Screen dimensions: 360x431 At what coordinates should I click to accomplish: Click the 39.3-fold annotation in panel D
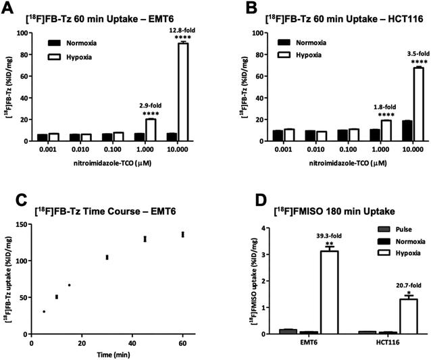[x=327, y=236]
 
